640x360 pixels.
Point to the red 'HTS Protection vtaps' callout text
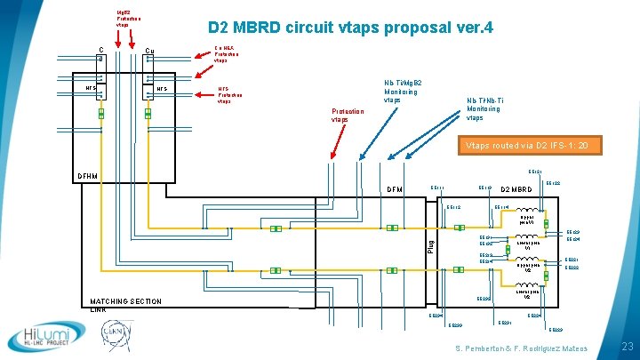pos(228,95)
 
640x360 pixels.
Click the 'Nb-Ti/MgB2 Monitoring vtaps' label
pos(403,92)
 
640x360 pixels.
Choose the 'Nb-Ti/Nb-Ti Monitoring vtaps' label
pos(485,109)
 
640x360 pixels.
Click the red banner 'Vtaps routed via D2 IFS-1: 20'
pos(534,145)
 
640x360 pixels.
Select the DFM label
pos(395,189)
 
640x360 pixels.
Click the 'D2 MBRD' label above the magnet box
pos(518,189)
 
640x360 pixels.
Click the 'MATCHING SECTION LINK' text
pos(124,305)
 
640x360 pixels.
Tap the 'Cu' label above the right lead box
pos(149,50)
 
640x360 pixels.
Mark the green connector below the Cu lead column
pos(148,114)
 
